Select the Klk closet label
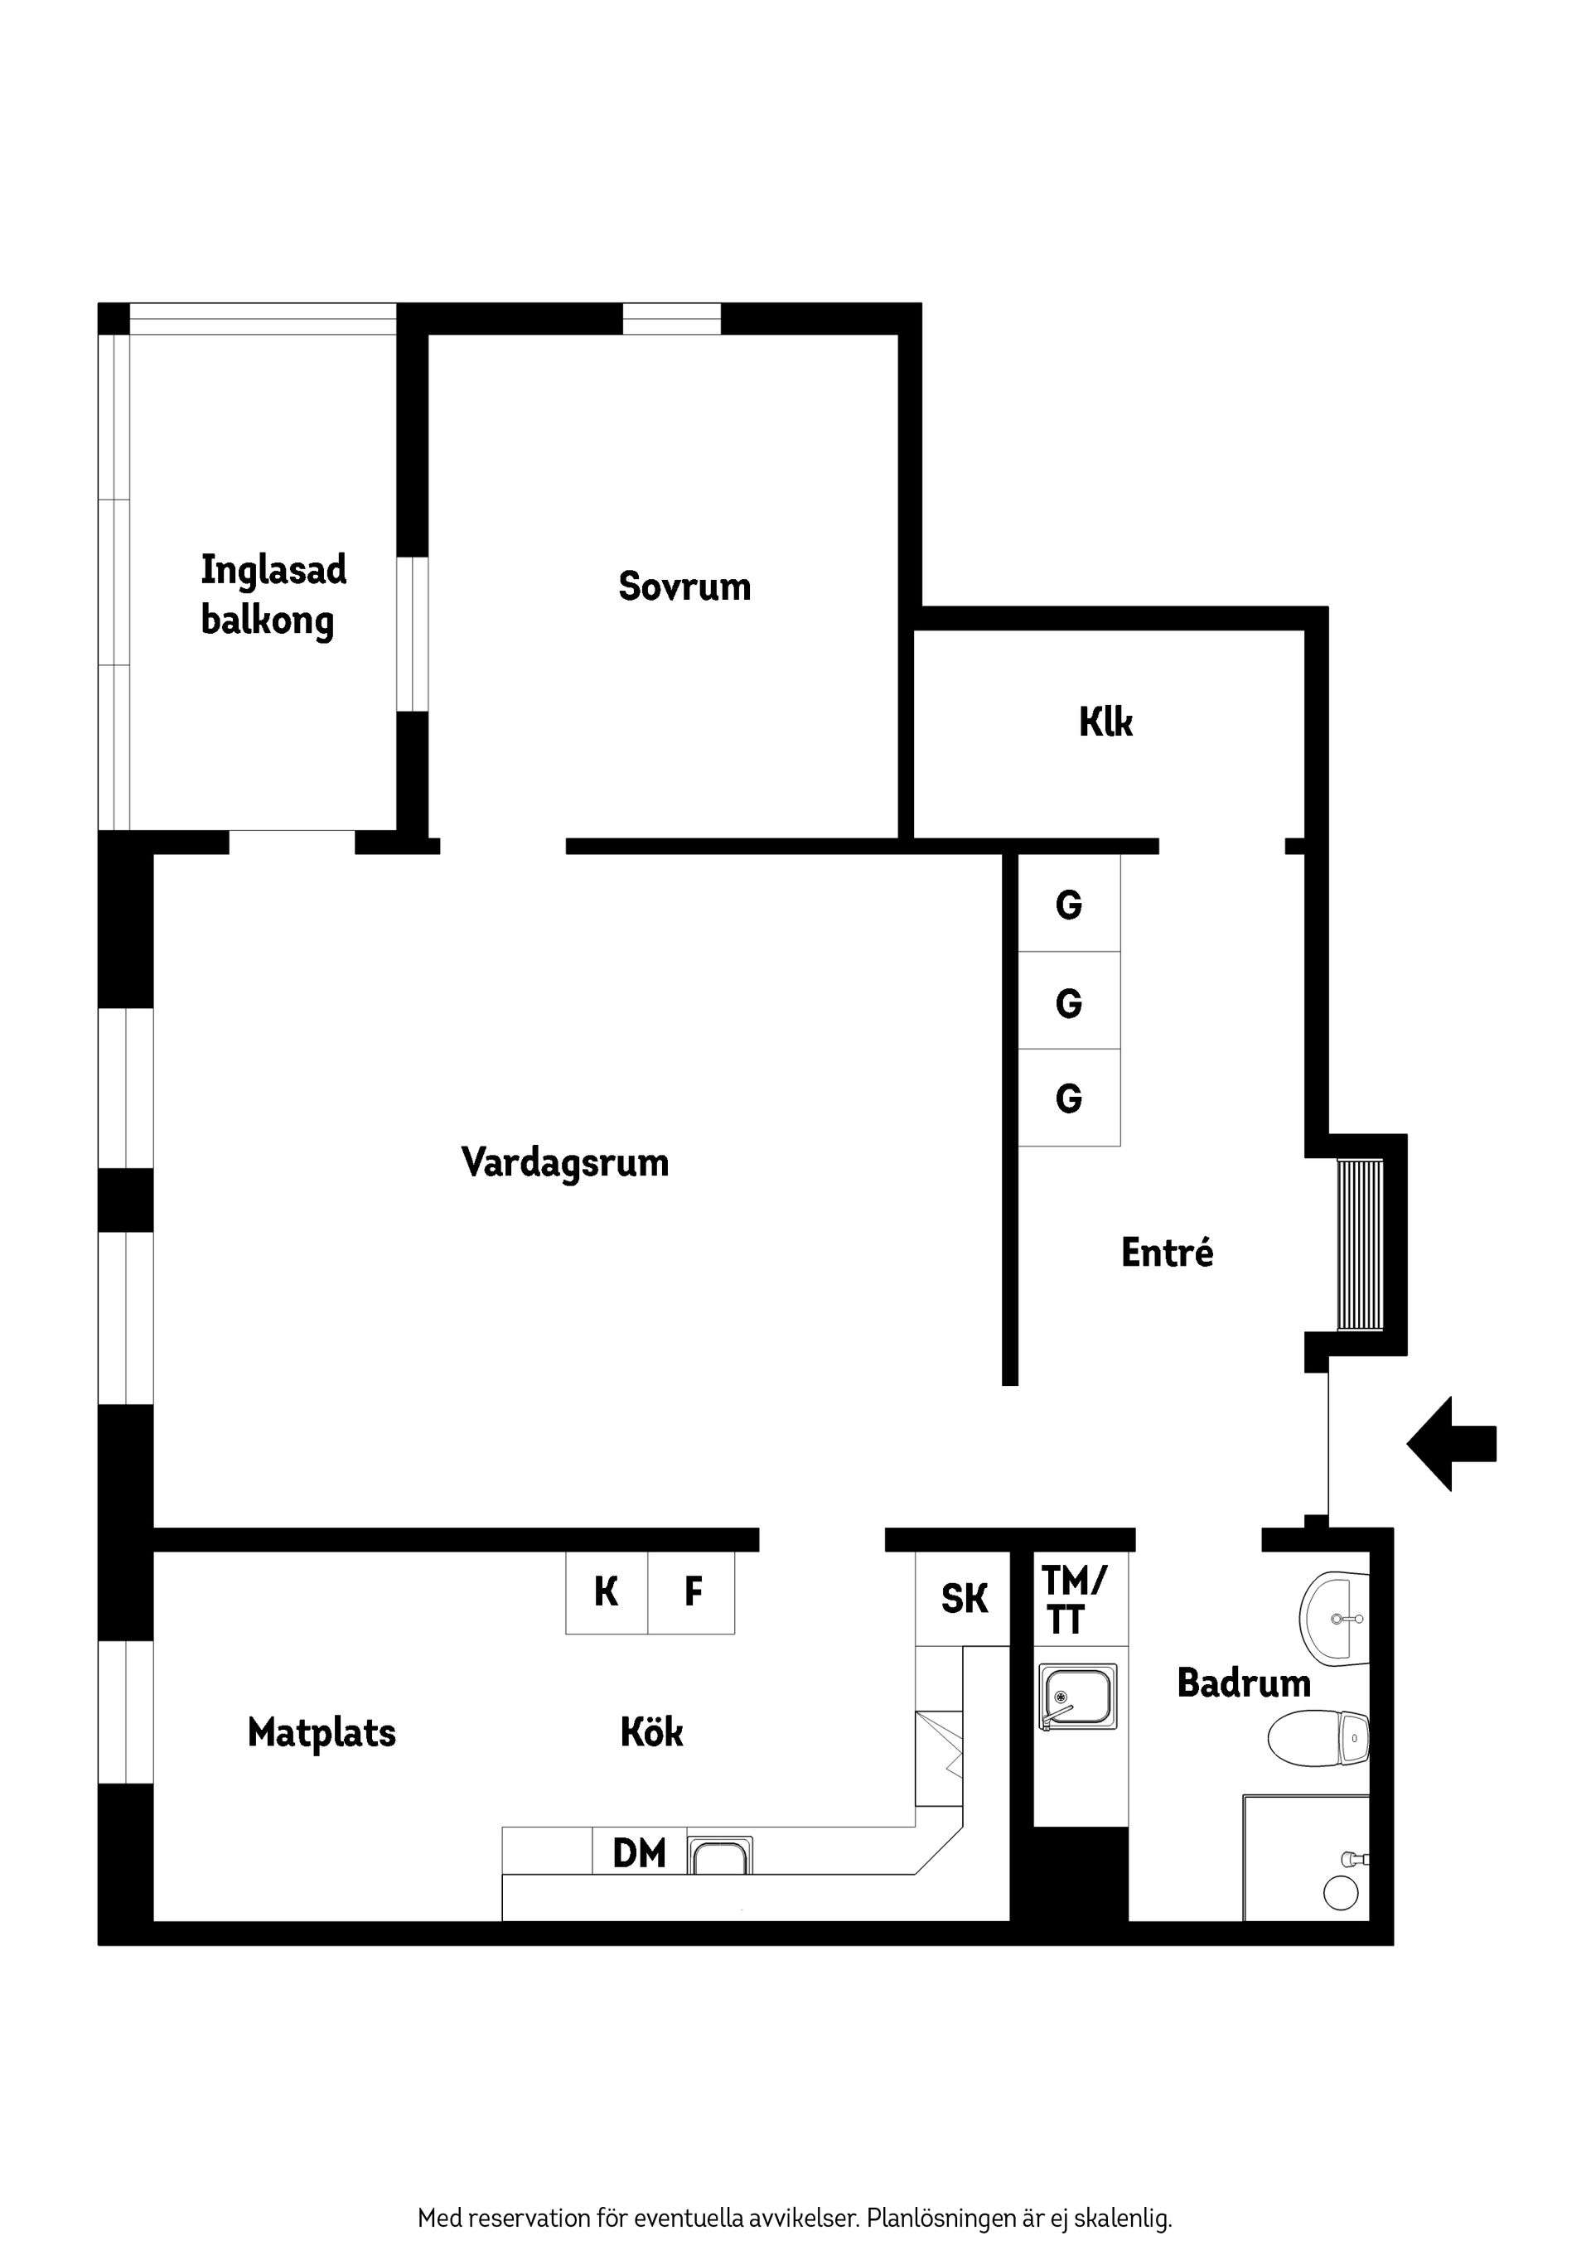(x=1105, y=722)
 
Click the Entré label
(x=1167, y=1253)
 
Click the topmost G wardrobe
(x=1068, y=905)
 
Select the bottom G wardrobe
(x=1068, y=1098)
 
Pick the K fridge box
(x=606, y=1591)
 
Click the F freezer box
(x=692, y=1591)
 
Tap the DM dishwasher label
(x=639, y=1853)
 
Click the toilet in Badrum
(x=1317, y=1739)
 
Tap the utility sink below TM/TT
(x=1077, y=1697)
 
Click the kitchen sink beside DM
(x=721, y=1856)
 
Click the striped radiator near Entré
(x=1361, y=1244)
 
